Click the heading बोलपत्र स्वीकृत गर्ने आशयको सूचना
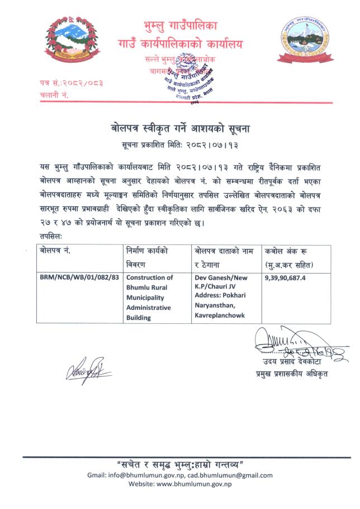180,129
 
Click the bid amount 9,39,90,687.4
289,277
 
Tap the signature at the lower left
88,370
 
